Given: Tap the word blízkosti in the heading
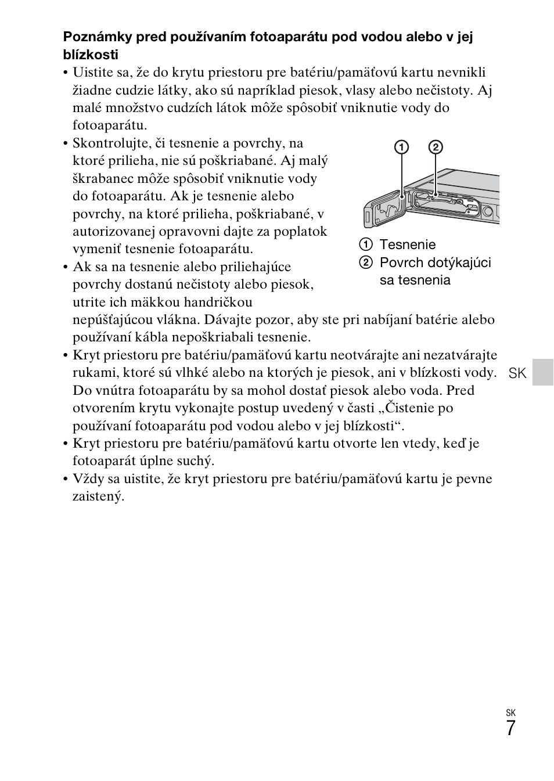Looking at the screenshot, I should click(x=91, y=55).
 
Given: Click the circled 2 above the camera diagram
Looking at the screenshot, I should click(x=436, y=147).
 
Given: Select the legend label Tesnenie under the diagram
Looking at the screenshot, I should click(x=407, y=244).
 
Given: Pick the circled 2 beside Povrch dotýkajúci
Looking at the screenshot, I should click(x=365, y=262).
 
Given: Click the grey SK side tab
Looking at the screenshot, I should click(x=543, y=372).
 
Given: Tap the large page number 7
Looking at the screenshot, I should click(x=510, y=728).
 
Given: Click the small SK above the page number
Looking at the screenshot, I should click(x=510, y=712).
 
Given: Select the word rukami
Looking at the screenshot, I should click(x=91, y=372).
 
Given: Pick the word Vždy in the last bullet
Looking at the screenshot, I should click(x=86, y=478).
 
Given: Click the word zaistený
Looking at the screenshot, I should click(x=98, y=496).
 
